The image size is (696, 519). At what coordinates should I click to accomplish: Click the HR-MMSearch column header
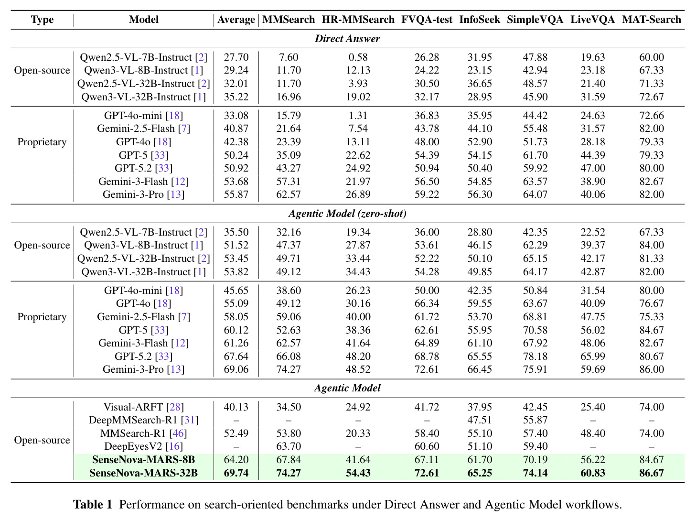pyautogui.click(x=358, y=20)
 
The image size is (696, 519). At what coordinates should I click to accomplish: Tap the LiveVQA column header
pyautogui.click(x=592, y=20)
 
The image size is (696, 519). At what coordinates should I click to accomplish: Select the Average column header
pyautogui.click(x=236, y=20)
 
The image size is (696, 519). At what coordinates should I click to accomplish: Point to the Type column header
pyautogui.click(x=42, y=20)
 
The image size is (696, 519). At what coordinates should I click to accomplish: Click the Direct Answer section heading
pyautogui.click(x=348, y=39)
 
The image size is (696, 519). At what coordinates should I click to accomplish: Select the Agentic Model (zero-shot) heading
pyautogui.click(x=348, y=214)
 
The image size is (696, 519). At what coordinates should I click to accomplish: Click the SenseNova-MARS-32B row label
pyautogui.click(x=144, y=473)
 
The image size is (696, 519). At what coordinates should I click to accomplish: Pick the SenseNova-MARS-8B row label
pyautogui.click(x=144, y=460)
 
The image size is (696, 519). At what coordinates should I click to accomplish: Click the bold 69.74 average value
pyautogui.click(x=236, y=473)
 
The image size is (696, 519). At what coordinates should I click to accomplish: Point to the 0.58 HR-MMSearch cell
pyautogui.click(x=358, y=57)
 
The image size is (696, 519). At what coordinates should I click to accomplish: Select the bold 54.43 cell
pyautogui.click(x=358, y=473)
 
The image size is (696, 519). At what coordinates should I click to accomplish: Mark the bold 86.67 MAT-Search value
pyautogui.click(x=651, y=473)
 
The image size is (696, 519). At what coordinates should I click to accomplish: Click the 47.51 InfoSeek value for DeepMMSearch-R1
pyautogui.click(x=480, y=420)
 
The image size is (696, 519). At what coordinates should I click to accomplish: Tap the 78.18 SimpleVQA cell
pyautogui.click(x=535, y=356)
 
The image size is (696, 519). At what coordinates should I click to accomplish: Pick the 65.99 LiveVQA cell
pyautogui.click(x=593, y=356)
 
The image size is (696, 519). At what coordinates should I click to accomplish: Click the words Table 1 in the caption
pyautogui.click(x=93, y=504)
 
